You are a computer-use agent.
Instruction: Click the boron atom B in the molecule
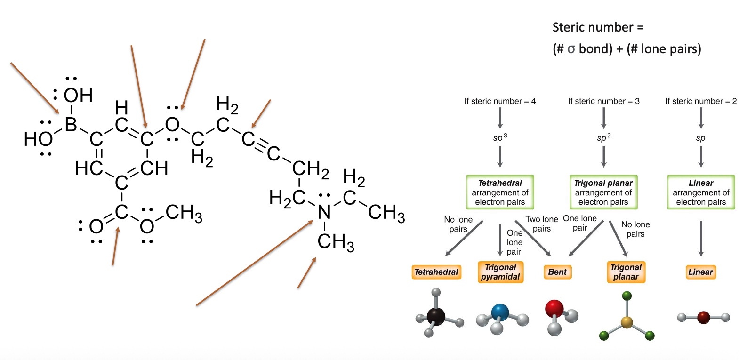71,125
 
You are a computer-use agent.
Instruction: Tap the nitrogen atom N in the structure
324,212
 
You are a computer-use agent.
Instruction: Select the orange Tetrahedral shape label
436,272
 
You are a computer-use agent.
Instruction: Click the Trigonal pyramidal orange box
500,272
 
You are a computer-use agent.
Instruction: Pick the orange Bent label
557,272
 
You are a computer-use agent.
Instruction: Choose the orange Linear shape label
700,272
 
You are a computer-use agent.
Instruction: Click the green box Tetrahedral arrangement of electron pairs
500,192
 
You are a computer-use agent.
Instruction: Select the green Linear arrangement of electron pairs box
701,192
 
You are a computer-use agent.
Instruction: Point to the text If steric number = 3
603,101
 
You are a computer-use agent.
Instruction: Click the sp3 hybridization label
500,138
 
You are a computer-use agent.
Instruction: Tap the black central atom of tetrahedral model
436,316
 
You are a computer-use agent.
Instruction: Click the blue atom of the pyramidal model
500,312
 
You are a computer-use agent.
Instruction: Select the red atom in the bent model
554,309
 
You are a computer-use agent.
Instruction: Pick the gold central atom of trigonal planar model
627,322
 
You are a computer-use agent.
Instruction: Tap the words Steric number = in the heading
597,27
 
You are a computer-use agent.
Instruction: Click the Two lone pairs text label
542,224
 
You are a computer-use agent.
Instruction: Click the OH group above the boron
78,96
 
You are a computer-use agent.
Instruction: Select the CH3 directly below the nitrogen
335,242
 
